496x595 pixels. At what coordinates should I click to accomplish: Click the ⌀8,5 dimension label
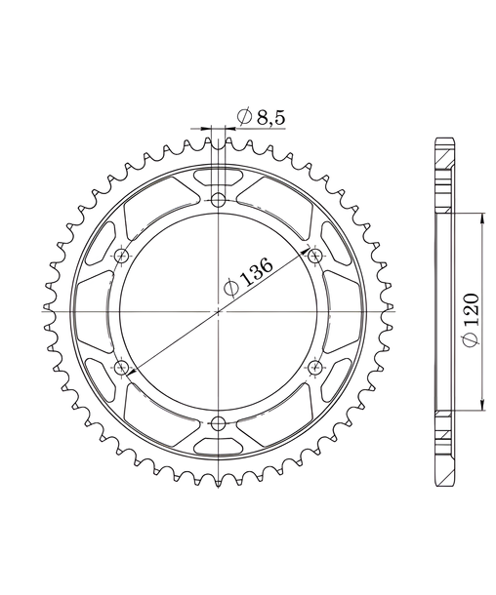coord(261,117)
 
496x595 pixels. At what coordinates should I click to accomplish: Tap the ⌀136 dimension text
coord(249,276)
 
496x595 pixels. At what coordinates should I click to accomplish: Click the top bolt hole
coord(219,199)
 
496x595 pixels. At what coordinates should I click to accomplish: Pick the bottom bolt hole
coord(219,422)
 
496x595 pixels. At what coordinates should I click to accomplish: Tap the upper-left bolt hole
coord(121,255)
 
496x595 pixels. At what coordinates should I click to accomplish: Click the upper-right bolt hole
coord(315,255)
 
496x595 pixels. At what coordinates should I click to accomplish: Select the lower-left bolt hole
coord(121,367)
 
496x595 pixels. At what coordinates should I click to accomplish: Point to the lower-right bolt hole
coord(315,367)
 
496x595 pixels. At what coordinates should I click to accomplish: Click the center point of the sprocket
coord(219,311)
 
